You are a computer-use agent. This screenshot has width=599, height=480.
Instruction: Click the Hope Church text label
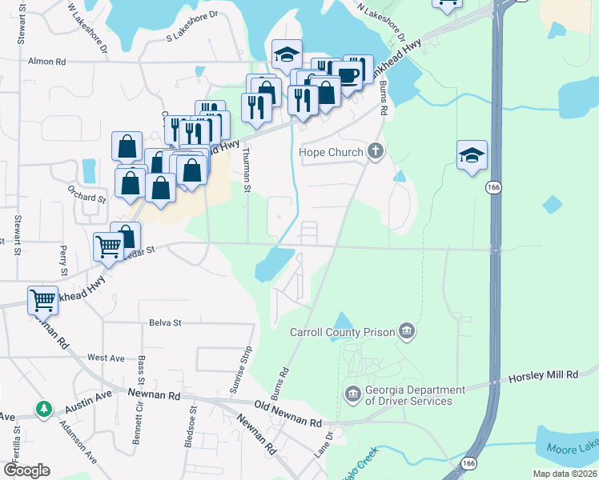point(332,151)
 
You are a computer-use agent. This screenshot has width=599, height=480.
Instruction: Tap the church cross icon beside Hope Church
point(375,151)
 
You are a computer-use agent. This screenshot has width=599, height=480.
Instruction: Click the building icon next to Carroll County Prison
point(408,331)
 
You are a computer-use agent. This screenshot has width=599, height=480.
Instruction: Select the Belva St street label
point(166,322)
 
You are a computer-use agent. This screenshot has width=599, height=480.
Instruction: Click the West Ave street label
point(107,357)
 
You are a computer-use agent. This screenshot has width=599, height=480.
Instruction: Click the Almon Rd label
point(46,62)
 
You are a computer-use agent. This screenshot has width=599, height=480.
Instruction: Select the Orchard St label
point(87,198)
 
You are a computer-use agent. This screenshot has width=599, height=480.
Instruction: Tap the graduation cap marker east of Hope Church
point(472,154)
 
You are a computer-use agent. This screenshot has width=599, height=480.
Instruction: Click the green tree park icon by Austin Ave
point(44,410)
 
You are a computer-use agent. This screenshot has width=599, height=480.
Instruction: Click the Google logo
point(26,470)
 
